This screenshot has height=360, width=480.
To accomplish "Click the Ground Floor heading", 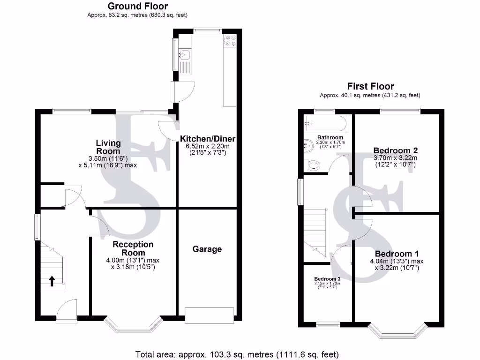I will tap(137, 6).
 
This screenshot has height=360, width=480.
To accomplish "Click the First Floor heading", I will tap(370, 86).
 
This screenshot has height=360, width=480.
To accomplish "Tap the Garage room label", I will tap(207, 249).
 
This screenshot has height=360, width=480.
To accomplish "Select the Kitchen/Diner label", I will tap(208, 139).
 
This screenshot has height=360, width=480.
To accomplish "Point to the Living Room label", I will tap(108, 147).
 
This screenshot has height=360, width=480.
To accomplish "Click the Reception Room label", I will tap(133, 248).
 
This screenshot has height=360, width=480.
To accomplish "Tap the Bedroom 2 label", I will tap(395, 150).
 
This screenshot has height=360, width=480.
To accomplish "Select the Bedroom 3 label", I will tap(327, 278).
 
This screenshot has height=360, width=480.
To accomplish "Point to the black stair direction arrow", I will tap(52, 280).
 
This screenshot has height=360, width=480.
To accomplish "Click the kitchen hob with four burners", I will tap(230, 41).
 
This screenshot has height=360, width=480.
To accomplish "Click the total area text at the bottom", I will tap(237, 354).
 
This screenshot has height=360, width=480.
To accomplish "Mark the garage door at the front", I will tap(210, 315).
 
